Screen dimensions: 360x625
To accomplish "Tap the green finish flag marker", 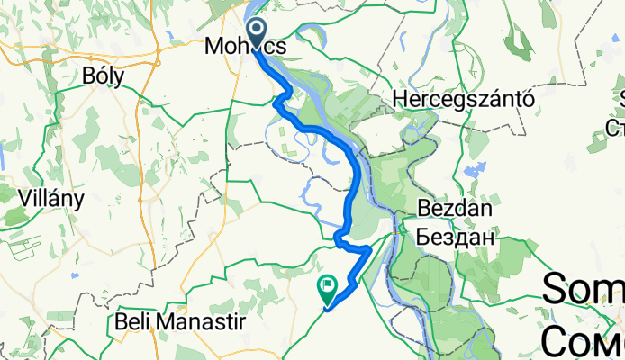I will pyautogui.click(x=326, y=289).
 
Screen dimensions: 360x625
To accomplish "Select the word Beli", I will pyautogui.click(x=135, y=320).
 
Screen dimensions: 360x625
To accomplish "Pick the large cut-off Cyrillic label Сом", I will pyautogui.click(x=584, y=337).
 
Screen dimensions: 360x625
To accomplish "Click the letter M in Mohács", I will pyautogui.click(x=215, y=45).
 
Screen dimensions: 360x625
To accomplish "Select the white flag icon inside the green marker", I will pyautogui.click(x=327, y=287).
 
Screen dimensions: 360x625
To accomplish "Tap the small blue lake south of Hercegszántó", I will pyautogui.click(x=467, y=169).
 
